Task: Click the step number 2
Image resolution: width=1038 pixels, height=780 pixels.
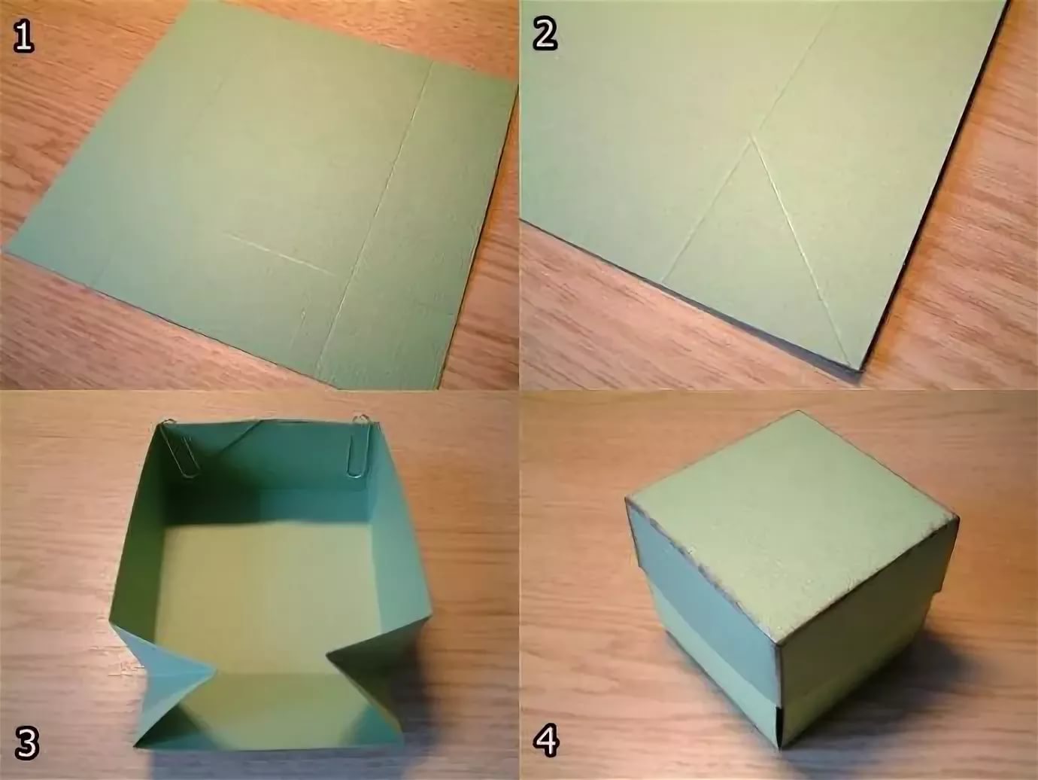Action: [545, 35]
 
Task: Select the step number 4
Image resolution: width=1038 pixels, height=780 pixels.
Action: [546, 741]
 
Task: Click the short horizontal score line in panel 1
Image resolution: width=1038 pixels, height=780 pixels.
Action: [279, 254]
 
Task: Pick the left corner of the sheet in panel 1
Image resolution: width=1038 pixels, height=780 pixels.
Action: [7, 249]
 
